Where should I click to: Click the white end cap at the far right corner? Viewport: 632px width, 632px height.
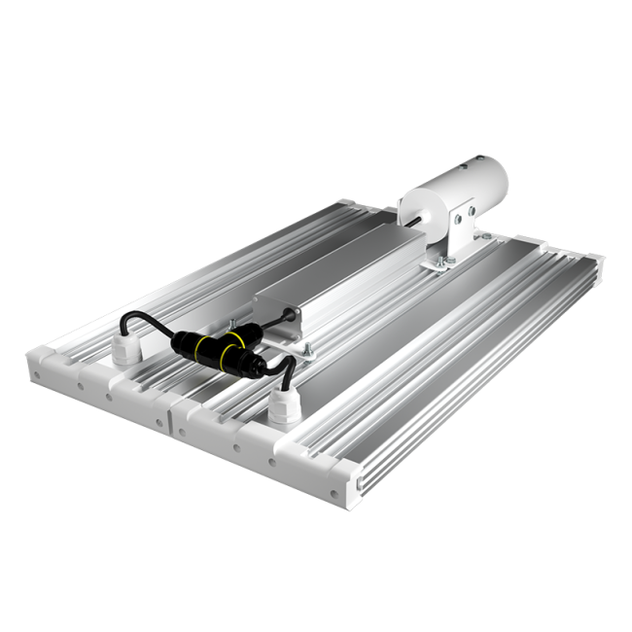click(x=591, y=261)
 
